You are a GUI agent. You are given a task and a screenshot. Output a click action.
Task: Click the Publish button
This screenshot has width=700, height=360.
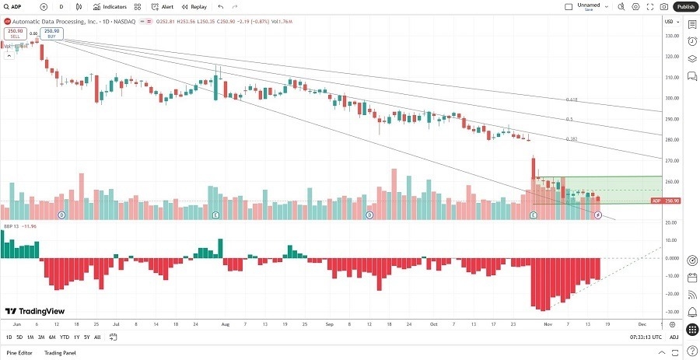click(x=684, y=6)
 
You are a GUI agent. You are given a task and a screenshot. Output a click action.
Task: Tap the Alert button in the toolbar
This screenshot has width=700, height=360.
click(x=163, y=6)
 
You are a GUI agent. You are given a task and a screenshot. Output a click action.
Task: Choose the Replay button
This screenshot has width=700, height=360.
click(x=195, y=6)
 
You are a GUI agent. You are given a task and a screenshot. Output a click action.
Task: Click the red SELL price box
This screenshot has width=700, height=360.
click(x=13, y=33)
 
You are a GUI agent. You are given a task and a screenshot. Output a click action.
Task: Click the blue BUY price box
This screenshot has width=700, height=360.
click(x=52, y=33)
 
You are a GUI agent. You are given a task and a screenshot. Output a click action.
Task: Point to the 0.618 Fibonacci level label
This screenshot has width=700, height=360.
click(x=571, y=100)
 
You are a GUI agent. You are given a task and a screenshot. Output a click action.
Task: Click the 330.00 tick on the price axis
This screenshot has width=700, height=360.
click(x=671, y=36)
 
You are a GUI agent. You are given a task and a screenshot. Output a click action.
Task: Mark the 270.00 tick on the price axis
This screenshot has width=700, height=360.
click(x=671, y=160)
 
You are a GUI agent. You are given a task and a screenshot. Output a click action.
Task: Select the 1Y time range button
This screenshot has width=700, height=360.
click(x=76, y=337)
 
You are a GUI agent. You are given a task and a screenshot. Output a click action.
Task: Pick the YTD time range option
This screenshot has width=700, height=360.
click(x=64, y=337)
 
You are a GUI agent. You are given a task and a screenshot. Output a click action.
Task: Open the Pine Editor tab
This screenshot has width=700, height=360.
click(x=20, y=353)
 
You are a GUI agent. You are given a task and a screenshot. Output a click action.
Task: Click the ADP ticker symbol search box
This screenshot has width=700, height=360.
click(x=23, y=6)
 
